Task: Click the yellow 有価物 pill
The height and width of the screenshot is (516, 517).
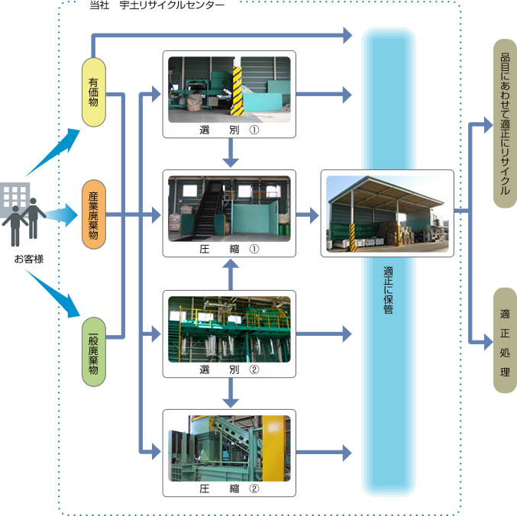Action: (x=93, y=92)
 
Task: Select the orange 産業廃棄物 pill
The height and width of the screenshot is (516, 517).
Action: (x=93, y=214)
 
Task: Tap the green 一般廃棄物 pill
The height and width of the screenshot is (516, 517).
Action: (x=93, y=350)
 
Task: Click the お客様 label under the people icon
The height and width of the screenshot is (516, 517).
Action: (x=28, y=259)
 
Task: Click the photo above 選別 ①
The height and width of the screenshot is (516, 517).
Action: (x=229, y=89)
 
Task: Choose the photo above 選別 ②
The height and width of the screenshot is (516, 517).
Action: (x=229, y=329)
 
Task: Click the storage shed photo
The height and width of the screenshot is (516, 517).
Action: (x=387, y=211)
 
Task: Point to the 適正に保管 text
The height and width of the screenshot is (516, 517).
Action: (x=389, y=290)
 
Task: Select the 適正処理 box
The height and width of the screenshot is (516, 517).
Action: (x=505, y=340)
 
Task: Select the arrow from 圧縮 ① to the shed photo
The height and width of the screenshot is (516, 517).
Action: (x=308, y=215)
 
